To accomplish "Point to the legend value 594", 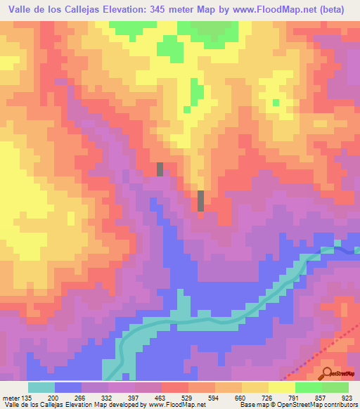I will (215, 397).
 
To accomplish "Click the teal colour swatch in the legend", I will (41, 387).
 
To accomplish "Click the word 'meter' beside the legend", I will (10, 397).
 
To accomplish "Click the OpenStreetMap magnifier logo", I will (328, 372).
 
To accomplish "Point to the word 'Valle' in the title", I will (22, 9).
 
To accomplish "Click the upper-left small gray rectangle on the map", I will (160, 169).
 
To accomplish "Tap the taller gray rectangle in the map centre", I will (201, 200).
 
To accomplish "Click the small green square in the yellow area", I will (276, 103).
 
